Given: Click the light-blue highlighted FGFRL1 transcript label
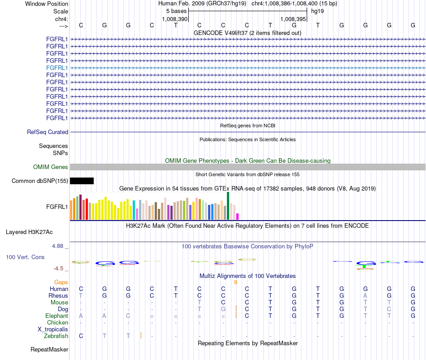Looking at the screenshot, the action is (x=57, y=68).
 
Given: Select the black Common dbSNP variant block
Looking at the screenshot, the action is (x=82, y=181).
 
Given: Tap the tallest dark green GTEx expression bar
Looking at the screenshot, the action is (x=228, y=206).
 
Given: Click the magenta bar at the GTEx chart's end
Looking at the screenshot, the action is (x=238, y=217).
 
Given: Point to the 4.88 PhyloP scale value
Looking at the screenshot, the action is (x=57, y=246).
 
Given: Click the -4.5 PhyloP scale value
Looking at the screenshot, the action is (x=58, y=269).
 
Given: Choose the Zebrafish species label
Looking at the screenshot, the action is (x=56, y=336).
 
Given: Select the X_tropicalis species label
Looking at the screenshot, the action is (x=53, y=330).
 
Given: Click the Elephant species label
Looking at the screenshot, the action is (x=57, y=316).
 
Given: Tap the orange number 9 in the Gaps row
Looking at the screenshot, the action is (x=235, y=282).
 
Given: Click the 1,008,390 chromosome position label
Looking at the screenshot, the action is (x=175, y=19).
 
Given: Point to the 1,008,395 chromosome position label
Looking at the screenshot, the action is (x=293, y=19).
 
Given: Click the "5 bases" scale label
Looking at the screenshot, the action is (x=176, y=11).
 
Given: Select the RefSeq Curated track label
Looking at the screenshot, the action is (x=48, y=132).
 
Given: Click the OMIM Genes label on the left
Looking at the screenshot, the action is (x=51, y=167).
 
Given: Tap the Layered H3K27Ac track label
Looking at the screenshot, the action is (x=29, y=232).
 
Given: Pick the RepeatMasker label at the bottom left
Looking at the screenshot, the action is (x=49, y=349).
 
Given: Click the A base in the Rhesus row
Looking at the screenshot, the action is (x=365, y=295).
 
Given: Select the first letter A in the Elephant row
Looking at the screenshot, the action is (x=81, y=316).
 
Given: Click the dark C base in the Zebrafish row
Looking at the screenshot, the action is (x=81, y=336).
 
